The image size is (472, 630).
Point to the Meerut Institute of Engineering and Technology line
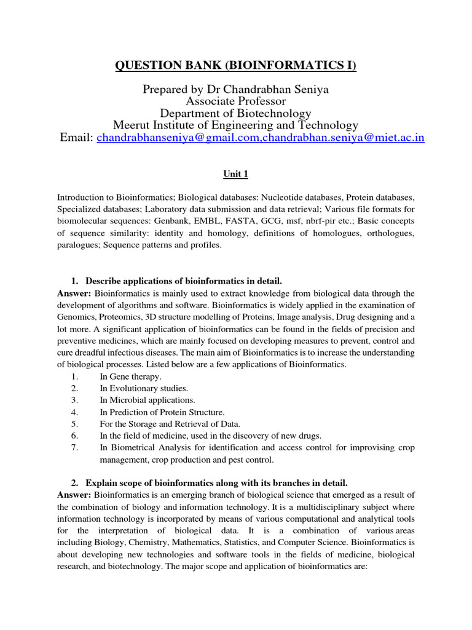(x=235, y=125)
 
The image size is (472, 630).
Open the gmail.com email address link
(x=179, y=137)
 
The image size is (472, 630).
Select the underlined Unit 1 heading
(x=235, y=175)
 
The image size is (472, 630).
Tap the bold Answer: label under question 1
(x=74, y=293)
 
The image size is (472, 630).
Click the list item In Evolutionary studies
(x=144, y=388)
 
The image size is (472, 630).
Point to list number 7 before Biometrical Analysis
(x=74, y=447)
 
